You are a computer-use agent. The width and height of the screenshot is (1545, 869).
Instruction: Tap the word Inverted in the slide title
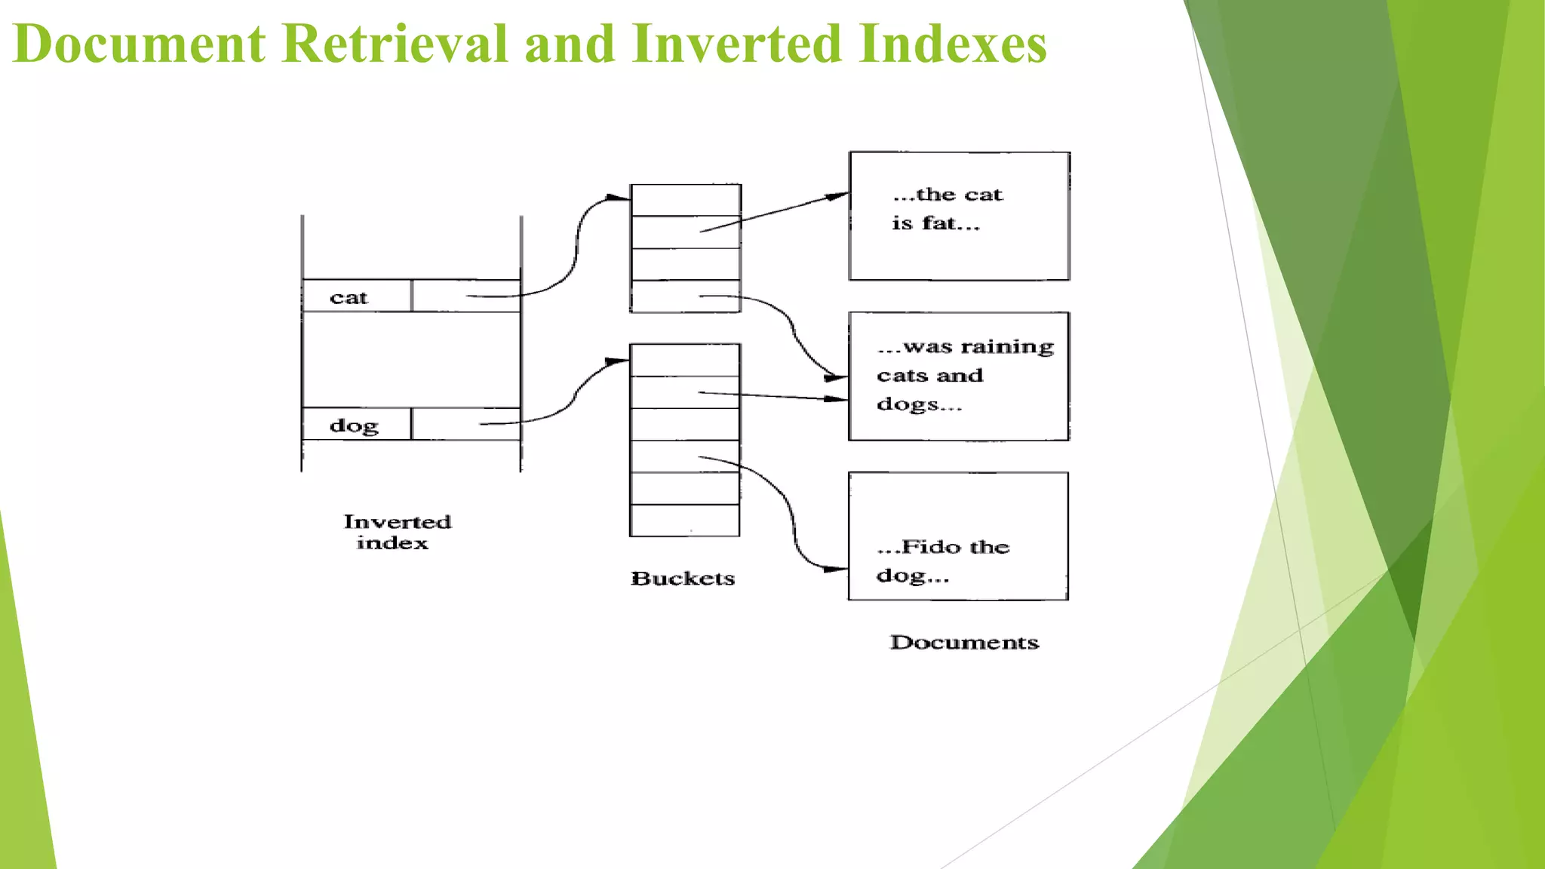click(x=736, y=44)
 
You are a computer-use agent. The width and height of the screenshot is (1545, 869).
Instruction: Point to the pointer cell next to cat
click(x=465, y=296)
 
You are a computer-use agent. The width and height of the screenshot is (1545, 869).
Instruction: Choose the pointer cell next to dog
click(x=465, y=424)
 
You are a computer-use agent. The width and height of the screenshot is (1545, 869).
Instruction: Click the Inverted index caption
click(x=396, y=532)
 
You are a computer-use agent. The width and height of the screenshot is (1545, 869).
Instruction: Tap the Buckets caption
click(x=683, y=579)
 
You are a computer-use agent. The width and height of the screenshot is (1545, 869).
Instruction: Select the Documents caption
click(x=964, y=643)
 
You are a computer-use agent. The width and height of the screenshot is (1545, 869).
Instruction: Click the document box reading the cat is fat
click(x=959, y=216)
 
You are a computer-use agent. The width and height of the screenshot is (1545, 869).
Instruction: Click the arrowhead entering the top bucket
click(x=620, y=198)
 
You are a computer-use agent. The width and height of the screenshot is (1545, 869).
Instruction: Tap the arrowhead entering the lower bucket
click(x=619, y=361)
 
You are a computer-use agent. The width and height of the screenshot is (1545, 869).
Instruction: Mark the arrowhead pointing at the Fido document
click(x=837, y=570)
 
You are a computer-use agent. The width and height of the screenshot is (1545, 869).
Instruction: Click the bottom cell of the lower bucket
click(x=684, y=520)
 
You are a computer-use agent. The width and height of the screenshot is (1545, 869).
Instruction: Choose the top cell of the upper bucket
click(x=685, y=201)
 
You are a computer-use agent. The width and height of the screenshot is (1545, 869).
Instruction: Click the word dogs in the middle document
click(x=908, y=404)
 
